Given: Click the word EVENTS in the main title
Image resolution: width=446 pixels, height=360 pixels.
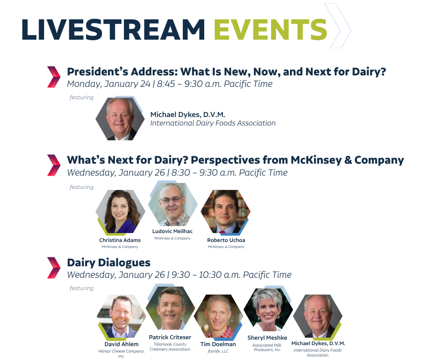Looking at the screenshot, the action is click(x=270, y=30).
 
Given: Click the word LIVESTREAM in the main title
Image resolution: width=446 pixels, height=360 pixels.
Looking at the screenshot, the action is click(x=113, y=30).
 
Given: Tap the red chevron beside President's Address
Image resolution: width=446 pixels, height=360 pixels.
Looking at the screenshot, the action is click(x=54, y=77).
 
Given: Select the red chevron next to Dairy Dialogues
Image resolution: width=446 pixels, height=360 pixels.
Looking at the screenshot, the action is click(x=54, y=267).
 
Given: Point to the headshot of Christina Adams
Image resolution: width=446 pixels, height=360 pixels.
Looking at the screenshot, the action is click(x=120, y=211).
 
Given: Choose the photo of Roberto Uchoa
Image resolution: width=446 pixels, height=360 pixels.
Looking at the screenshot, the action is click(x=225, y=211).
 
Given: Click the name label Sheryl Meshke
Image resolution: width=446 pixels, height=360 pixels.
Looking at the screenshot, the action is click(x=267, y=338).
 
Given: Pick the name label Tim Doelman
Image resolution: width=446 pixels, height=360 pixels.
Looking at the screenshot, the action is click(x=218, y=344).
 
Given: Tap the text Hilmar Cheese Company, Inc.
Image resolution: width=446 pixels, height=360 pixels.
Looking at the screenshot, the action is click(x=121, y=354).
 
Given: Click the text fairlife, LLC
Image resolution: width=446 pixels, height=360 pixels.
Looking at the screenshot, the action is click(x=218, y=351).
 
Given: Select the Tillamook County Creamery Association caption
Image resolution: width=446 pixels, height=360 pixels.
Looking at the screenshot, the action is click(x=170, y=347).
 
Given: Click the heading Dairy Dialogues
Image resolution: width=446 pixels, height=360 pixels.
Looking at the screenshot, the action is click(x=109, y=263).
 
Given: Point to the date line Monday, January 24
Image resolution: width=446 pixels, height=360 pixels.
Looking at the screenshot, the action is click(x=109, y=84).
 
